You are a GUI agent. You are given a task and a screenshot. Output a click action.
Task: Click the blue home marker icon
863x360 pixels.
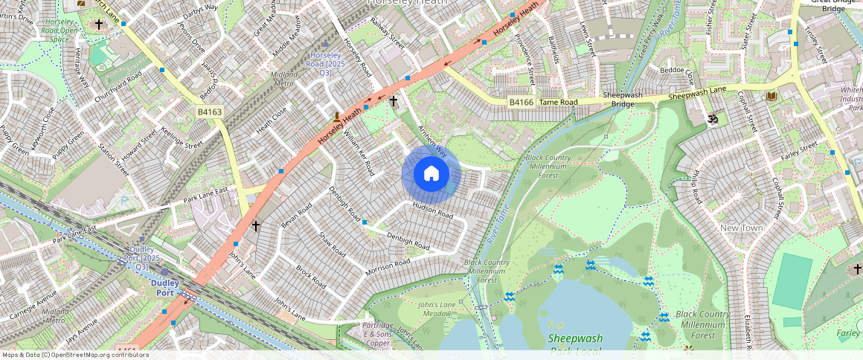431,174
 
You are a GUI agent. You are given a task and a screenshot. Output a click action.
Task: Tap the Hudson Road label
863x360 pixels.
432,211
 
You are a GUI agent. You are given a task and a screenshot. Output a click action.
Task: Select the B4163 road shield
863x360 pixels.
210,112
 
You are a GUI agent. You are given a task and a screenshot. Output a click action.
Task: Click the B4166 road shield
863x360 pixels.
522,102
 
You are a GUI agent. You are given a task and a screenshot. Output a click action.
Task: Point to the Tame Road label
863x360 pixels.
558,102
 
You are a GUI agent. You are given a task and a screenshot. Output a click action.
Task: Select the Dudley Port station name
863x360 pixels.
166,288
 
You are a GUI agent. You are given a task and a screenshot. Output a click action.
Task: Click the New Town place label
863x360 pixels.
742,228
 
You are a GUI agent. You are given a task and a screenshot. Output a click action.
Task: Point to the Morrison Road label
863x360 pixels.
388,268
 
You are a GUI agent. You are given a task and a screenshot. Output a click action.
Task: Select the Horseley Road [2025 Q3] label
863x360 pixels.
325,64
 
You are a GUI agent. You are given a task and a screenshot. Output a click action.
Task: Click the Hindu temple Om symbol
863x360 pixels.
710,118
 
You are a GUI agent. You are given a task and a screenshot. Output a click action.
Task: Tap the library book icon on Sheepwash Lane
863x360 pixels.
771,97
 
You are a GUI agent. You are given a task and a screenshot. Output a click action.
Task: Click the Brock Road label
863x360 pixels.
311,277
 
